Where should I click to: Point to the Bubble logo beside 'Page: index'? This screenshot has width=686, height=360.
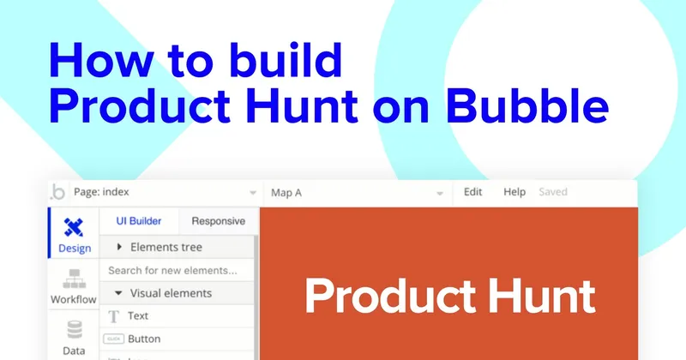click(x=58, y=192)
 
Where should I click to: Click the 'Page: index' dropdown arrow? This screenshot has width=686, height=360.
click(x=252, y=193)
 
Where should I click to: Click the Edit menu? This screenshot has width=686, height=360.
click(x=473, y=192)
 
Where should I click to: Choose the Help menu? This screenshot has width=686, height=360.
click(x=514, y=192)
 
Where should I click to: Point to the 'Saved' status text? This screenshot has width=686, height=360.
click(x=553, y=192)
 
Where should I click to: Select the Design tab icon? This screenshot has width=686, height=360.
click(x=74, y=227)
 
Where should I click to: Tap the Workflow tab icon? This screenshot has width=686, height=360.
click(x=74, y=279)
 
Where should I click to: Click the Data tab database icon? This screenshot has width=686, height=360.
click(x=74, y=331)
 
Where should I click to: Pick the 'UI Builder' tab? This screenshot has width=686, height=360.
click(x=139, y=221)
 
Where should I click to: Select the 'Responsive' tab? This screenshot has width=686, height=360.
click(x=218, y=221)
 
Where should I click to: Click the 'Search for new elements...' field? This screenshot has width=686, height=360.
click(x=178, y=271)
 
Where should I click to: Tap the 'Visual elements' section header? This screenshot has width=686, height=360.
click(x=171, y=293)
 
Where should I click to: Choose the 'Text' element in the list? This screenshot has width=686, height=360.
click(x=137, y=316)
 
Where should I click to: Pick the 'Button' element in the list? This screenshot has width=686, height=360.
click(x=143, y=339)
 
